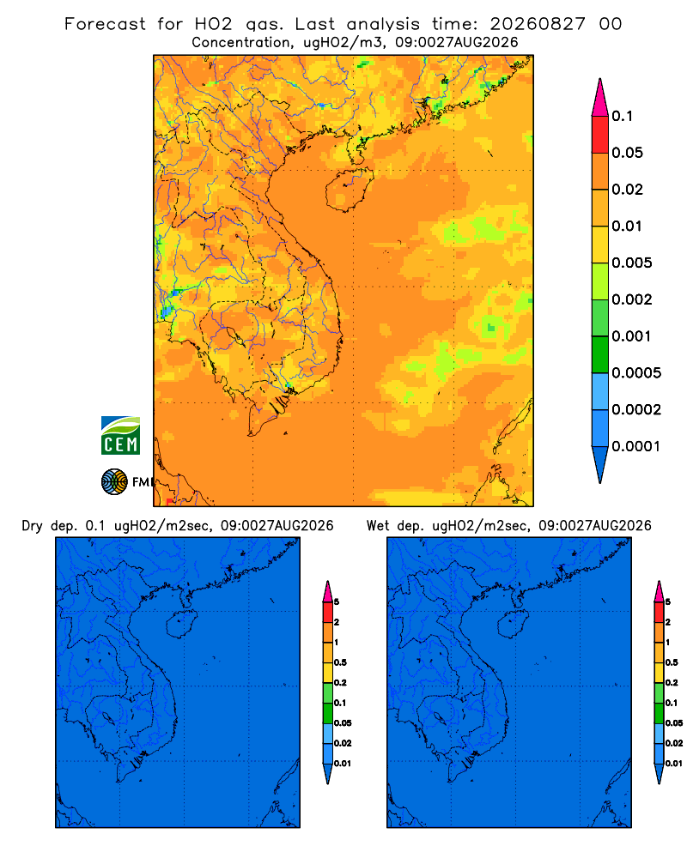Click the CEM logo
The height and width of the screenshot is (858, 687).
pos(120,435)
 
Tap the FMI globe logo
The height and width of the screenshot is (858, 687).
pos(114,481)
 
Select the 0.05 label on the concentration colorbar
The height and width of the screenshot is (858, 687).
pos(627,153)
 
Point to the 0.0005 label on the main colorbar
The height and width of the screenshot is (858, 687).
pos(636,372)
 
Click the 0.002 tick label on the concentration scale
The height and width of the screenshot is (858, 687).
pos(632,299)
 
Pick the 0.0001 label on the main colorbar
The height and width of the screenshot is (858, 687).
pos(636,446)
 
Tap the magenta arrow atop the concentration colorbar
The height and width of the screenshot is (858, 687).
pos(600,97)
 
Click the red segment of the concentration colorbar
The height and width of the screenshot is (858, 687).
pos(600,134)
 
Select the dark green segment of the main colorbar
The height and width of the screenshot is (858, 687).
pos(600,354)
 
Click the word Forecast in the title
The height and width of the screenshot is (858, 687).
pos(105,24)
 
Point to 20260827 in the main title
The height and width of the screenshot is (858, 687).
pos(538,24)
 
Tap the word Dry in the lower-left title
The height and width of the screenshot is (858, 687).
pos(33,526)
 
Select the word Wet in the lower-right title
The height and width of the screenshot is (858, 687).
pos(378,526)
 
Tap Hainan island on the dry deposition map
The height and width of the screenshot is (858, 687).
pos(182,624)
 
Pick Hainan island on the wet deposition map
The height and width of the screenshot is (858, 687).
pos(514,623)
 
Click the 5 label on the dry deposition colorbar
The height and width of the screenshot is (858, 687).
pos(337,602)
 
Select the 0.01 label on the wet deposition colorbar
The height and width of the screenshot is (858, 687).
pos(674,764)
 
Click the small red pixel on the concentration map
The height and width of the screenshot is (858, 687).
pos(169,501)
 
